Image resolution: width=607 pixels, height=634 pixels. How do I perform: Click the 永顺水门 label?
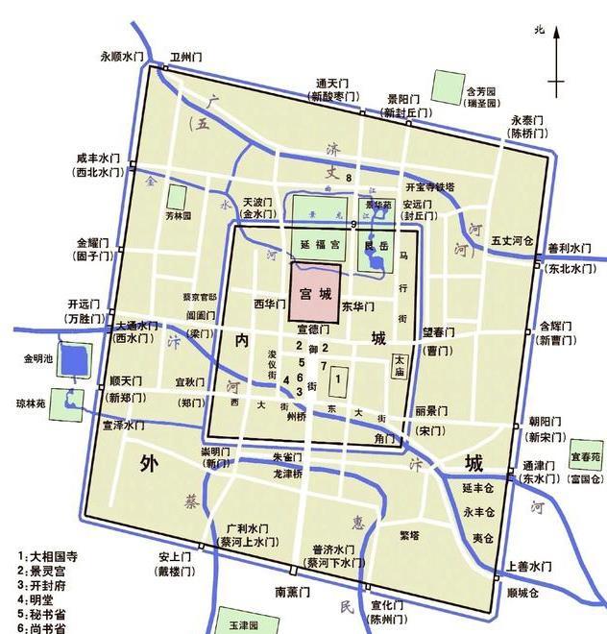point(128,56)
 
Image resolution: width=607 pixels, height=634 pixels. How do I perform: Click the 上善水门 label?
point(532,566)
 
